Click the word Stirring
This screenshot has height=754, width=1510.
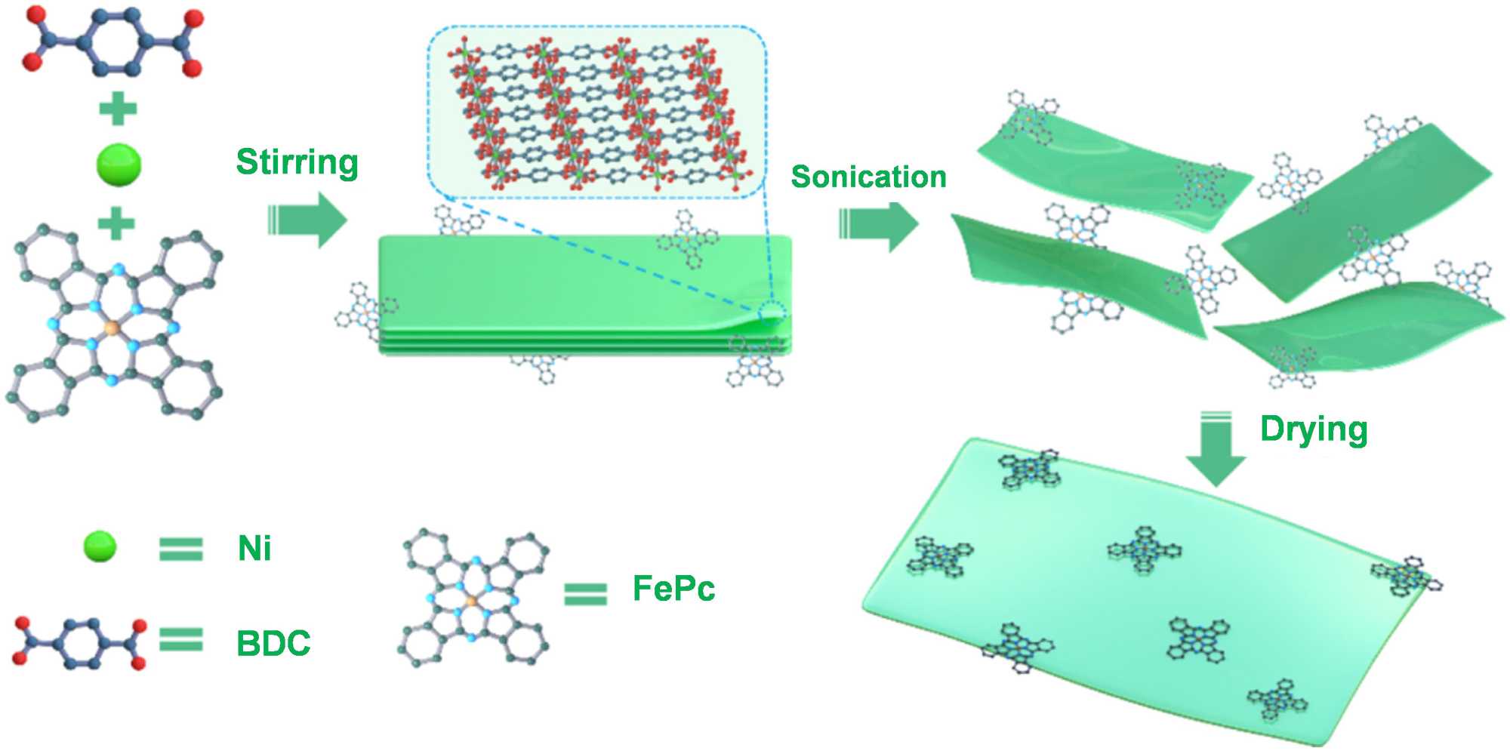tap(297, 163)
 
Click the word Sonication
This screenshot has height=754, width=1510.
tap(868, 177)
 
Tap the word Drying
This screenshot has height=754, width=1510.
tap(1314, 429)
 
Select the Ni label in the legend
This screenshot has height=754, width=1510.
tap(254, 548)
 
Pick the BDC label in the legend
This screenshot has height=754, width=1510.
tap(273, 643)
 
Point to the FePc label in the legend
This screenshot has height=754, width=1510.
tap(673, 589)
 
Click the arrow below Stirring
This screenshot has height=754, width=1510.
tap(307, 220)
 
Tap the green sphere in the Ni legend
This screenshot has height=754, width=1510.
tap(100, 546)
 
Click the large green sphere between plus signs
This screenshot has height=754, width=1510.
tap(119, 165)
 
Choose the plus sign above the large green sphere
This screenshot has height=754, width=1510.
tap(118, 109)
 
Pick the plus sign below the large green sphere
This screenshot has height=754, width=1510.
tap(116, 223)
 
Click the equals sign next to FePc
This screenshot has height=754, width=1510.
tap(585, 594)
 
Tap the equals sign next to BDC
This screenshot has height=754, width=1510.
tap(181, 640)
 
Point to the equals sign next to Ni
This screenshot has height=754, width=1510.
tap(181, 549)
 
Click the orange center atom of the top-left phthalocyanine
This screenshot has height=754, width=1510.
tap(112, 328)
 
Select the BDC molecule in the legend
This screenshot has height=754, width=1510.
tap(80, 643)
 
